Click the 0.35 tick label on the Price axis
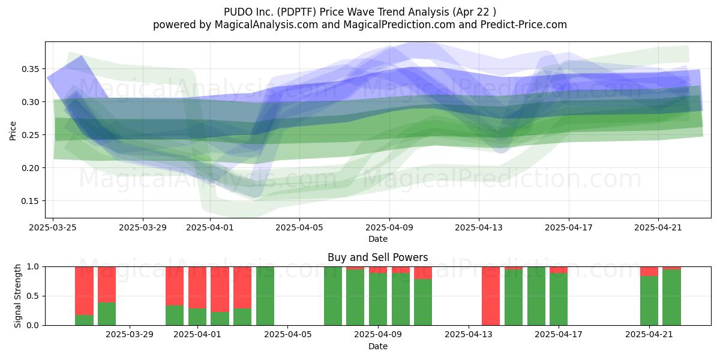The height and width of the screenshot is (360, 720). (x=30, y=69)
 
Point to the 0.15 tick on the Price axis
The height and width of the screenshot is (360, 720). (x=30, y=201)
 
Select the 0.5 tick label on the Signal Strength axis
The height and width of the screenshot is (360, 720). (x=33, y=296)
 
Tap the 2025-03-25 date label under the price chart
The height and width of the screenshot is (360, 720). (x=53, y=227)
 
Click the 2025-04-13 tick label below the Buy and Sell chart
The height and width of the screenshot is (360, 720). (x=469, y=335)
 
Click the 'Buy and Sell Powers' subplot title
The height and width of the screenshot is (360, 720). (x=377, y=257)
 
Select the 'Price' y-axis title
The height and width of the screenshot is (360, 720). (x=13, y=131)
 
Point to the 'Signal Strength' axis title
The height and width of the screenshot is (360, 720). (x=17, y=296)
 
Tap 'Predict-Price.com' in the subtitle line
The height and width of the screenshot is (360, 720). (x=524, y=25)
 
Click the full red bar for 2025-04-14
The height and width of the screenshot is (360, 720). (x=491, y=296)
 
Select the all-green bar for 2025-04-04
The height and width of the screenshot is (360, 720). (x=265, y=296)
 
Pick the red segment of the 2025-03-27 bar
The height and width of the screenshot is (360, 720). (x=84, y=291)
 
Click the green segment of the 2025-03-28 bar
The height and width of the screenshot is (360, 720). (x=107, y=314)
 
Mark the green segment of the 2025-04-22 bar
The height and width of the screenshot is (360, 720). (x=671, y=298)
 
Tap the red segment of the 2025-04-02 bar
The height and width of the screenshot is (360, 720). (x=220, y=289)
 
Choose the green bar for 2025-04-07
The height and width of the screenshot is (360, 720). (x=333, y=296)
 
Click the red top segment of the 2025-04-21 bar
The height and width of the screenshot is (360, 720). (x=649, y=271)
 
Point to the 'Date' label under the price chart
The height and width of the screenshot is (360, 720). (x=377, y=239)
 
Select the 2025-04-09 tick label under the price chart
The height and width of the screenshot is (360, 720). (x=389, y=227)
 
